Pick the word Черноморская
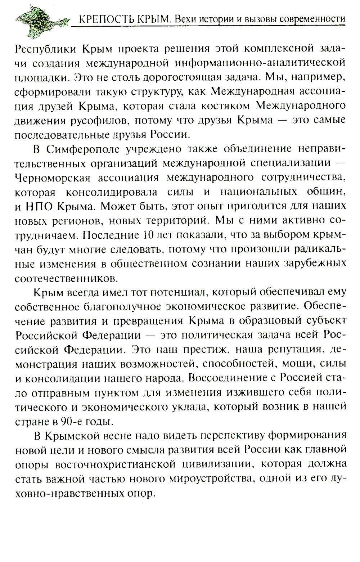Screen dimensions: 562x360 (x=53, y=177)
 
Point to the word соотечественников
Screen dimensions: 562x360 (x=66, y=278)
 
